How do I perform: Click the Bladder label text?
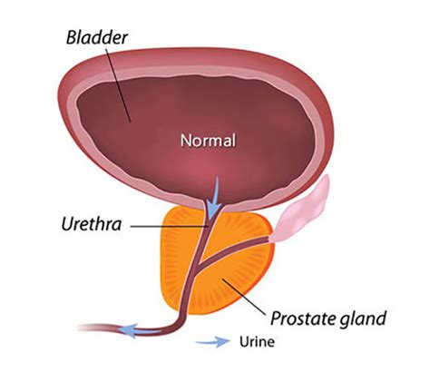tap(97, 38)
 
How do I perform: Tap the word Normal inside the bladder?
tap(208, 141)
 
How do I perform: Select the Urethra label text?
tap(92, 224)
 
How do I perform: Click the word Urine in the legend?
tap(257, 342)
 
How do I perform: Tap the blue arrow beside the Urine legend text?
tap(213, 342)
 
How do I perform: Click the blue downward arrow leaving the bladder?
tap(214, 197)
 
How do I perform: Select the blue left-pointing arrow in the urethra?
tap(140, 330)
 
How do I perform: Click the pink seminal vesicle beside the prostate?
tap(302, 211)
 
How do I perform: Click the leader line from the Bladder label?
tap(118, 83)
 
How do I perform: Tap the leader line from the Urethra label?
tap(170, 226)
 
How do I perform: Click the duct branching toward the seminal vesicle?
tap(234, 251)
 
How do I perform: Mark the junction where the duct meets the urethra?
tap(197, 267)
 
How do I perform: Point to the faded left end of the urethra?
tap(88, 328)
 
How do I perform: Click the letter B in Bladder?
tap(72, 38)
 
